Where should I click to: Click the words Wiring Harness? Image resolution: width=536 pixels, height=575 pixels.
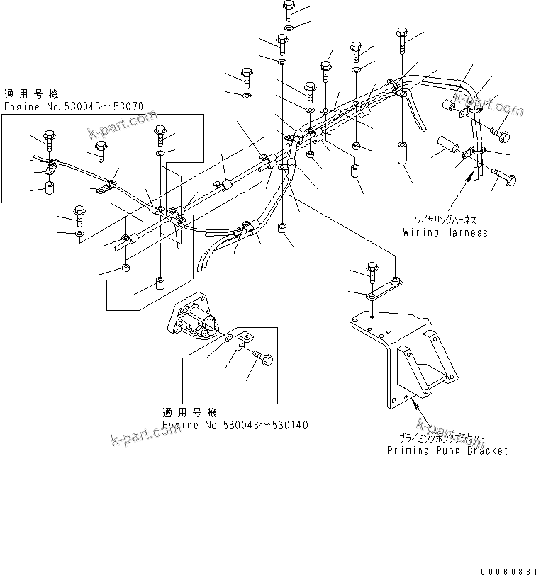point(445,232)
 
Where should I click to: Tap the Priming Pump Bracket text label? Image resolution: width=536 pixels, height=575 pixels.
point(447,450)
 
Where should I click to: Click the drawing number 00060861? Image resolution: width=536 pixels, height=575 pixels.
point(506,569)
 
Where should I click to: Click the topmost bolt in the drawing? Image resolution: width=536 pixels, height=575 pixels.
point(289,9)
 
